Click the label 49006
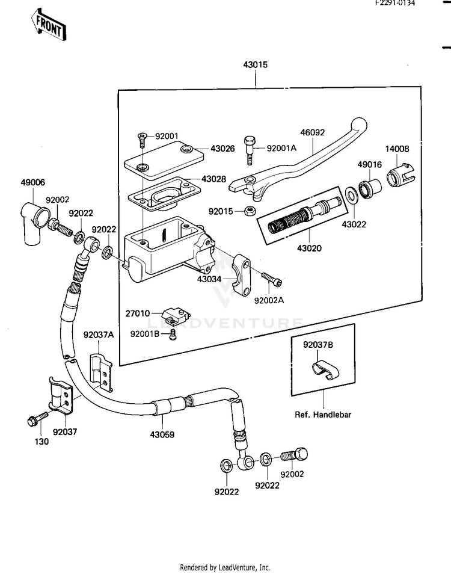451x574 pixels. point(32,182)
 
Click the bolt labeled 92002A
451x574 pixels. point(272,280)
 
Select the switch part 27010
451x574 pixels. point(175,312)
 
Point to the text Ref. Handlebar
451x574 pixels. point(323,415)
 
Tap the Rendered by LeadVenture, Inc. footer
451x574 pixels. point(226,567)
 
